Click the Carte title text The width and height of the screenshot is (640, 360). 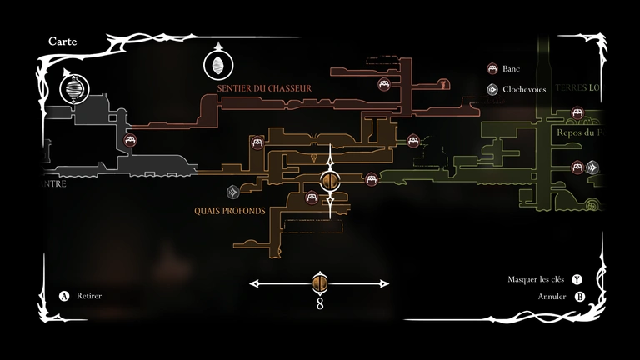click(63, 41)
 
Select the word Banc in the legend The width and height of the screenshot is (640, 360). click(512, 68)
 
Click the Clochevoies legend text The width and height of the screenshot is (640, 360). click(524, 88)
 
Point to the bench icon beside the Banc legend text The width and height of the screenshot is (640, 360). click(492, 68)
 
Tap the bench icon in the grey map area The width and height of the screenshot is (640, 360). click(131, 141)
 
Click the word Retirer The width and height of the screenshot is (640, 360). click(88, 296)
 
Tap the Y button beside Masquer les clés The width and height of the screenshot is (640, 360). click(577, 280)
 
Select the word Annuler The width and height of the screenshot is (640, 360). click(552, 296)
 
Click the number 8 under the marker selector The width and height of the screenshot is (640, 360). click(319, 304)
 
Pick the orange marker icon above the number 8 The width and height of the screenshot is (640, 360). click(319, 283)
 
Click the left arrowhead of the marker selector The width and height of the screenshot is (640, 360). click(252, 284)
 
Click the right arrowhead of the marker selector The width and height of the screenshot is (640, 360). click(386, 284)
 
